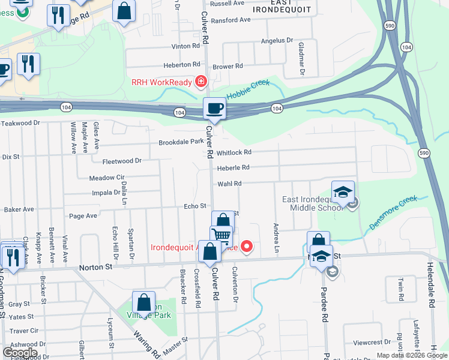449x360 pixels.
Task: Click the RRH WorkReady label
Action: (x=162, y=82)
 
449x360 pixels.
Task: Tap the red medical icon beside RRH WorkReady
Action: (x=200, y=82)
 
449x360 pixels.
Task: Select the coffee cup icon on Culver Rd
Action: (x=214, y=109)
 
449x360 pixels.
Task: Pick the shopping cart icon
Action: (x=221, y=236)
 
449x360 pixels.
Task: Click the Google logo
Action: (x=20, y=353)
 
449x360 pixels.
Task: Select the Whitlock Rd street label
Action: (x=234, y=153)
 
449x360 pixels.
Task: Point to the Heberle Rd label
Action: (x=233, y=168)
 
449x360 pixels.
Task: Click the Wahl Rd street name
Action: (x=229, y=184)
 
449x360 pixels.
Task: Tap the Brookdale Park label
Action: (x=181, y=143)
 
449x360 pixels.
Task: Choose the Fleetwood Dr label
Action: (x=122, y=161)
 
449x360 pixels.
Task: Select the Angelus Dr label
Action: (x=277, y=41)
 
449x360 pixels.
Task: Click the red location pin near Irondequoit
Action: (x=246, y=246)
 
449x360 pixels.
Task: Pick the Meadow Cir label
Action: (x=106, y=178)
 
